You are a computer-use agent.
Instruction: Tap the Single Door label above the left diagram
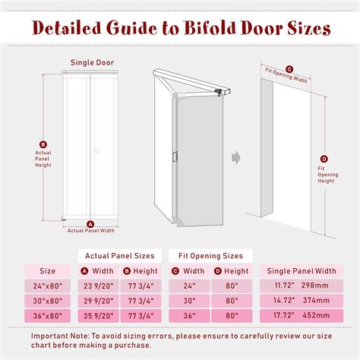[92, 63]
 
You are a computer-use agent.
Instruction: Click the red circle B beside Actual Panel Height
[43, 144]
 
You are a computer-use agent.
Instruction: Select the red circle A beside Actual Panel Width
[90, 224]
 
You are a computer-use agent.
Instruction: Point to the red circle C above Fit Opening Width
[289, 68]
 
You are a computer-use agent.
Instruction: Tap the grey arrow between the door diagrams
[235, 158]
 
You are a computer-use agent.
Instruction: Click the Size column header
[47, 270]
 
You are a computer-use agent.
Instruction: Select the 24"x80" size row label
[47, 286]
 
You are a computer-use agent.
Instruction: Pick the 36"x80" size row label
[47, 315]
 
